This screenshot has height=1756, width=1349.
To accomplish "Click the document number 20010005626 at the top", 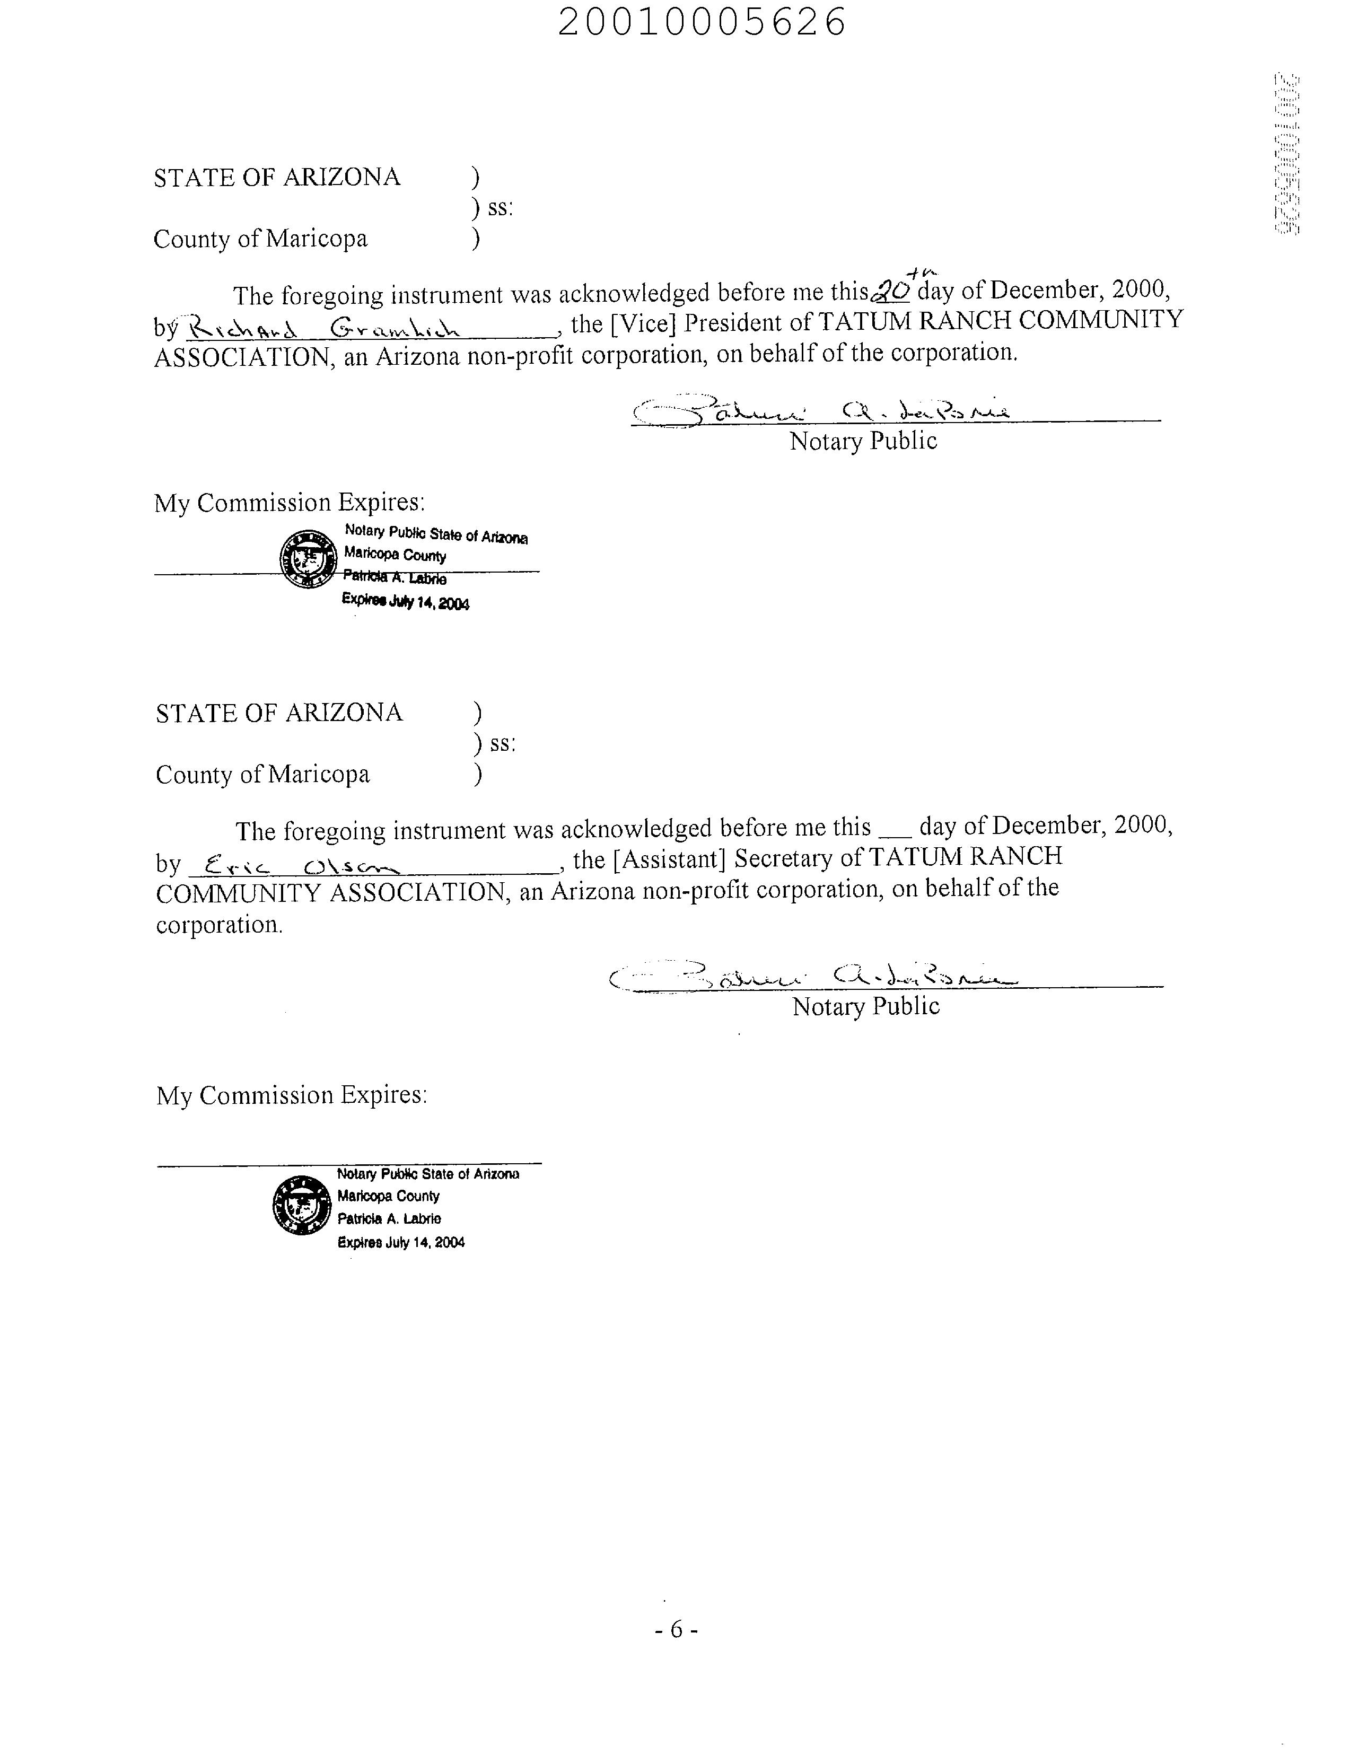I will pyautogui.click(x=702, y=22).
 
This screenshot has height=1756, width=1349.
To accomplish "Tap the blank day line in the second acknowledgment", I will pyautogui.click(x=895, y=835).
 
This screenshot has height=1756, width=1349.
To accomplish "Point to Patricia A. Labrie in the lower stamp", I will pyautogui.click(x=389, y=1219).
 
